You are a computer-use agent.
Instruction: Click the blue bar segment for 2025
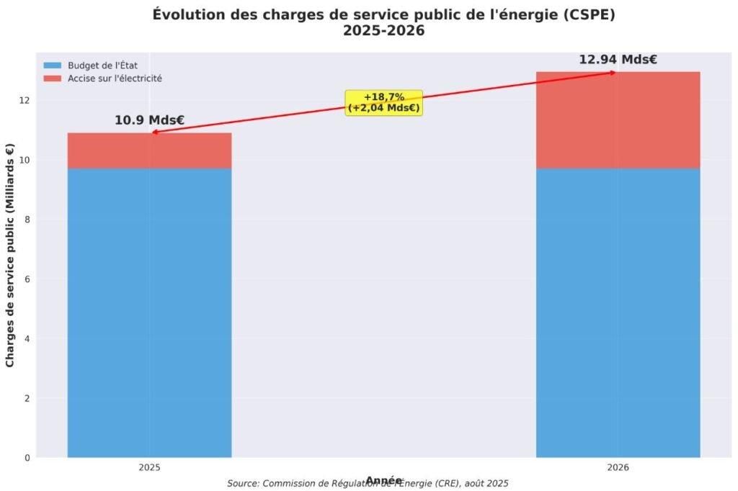pos(149,312)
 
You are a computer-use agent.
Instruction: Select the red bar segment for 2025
pos(149,150)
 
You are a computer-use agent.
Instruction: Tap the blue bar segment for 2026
pos(618,312)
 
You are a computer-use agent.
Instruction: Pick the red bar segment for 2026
pos(618,120)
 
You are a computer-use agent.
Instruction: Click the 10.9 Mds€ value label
pos(149,120)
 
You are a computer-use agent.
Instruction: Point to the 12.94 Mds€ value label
pos(618,59)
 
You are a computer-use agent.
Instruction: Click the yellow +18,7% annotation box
pos(383,102)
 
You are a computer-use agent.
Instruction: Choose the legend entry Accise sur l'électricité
pos(115,78)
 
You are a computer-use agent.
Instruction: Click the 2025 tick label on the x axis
pos(149,467)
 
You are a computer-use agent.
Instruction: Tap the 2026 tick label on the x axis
pos(618,467)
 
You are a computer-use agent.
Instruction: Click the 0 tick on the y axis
pos(27,458)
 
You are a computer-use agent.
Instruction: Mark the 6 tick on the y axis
pos(27,279)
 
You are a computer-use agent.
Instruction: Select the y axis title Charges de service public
pos(10,255)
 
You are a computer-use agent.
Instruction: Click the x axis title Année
pos(383,479)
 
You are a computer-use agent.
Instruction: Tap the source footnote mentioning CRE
pos(368,484)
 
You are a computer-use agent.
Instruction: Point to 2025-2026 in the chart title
pos(383,32)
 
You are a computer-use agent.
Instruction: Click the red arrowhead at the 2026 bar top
pos(613,72)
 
